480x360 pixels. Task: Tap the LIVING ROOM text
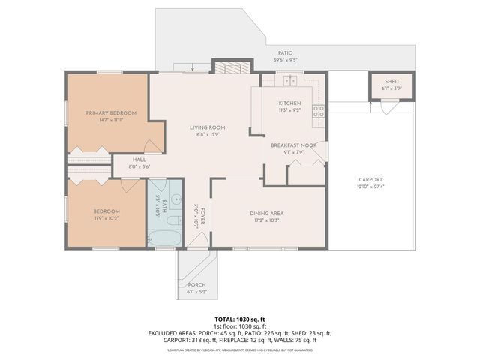tap(207, 127)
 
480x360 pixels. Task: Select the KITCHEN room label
tap(289, 103)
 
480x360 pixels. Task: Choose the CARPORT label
tap(370, 179)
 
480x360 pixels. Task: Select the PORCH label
tap(196, 285)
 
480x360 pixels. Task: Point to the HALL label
tap(140, 159)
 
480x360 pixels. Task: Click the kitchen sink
tap(290, 80)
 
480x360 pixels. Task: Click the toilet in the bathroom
tap(151, 238)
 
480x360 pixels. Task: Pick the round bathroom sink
tap(174, 200)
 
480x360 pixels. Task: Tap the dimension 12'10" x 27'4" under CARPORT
tap(370, 187)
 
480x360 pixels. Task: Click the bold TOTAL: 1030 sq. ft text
tap(240, 319)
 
